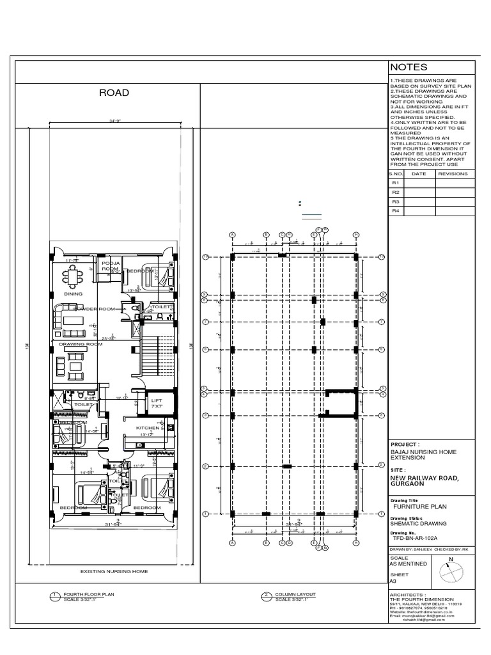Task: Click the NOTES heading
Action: pos(409,68)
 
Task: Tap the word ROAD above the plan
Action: pos(114,93)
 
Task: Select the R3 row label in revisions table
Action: pos(395,201)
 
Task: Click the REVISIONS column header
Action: pos(452,173)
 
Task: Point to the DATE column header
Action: pos(418,173)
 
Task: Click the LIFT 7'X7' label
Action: pos(157,404)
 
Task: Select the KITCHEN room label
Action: pos(148,427)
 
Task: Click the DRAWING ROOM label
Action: pos(81,344)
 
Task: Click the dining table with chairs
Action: pos(73,276)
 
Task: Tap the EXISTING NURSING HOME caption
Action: pos(113,571)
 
